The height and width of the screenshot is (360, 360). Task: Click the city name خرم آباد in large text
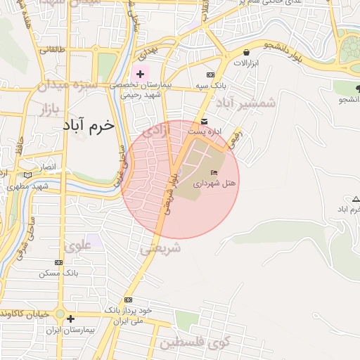[88, 126]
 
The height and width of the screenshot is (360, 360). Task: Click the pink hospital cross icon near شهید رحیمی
[140, 74]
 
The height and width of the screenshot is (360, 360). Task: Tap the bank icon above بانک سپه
[210, 75]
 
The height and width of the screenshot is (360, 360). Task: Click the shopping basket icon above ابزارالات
[246, 53]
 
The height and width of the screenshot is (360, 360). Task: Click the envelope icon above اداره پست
[204, 121]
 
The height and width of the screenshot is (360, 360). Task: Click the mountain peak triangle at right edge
[356, 199]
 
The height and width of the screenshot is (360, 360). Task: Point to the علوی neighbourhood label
[77, 246]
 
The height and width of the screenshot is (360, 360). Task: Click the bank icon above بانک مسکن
[58, 262]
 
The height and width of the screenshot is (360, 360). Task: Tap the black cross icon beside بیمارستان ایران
[70, 319]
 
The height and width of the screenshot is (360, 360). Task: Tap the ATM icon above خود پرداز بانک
[128, 300]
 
